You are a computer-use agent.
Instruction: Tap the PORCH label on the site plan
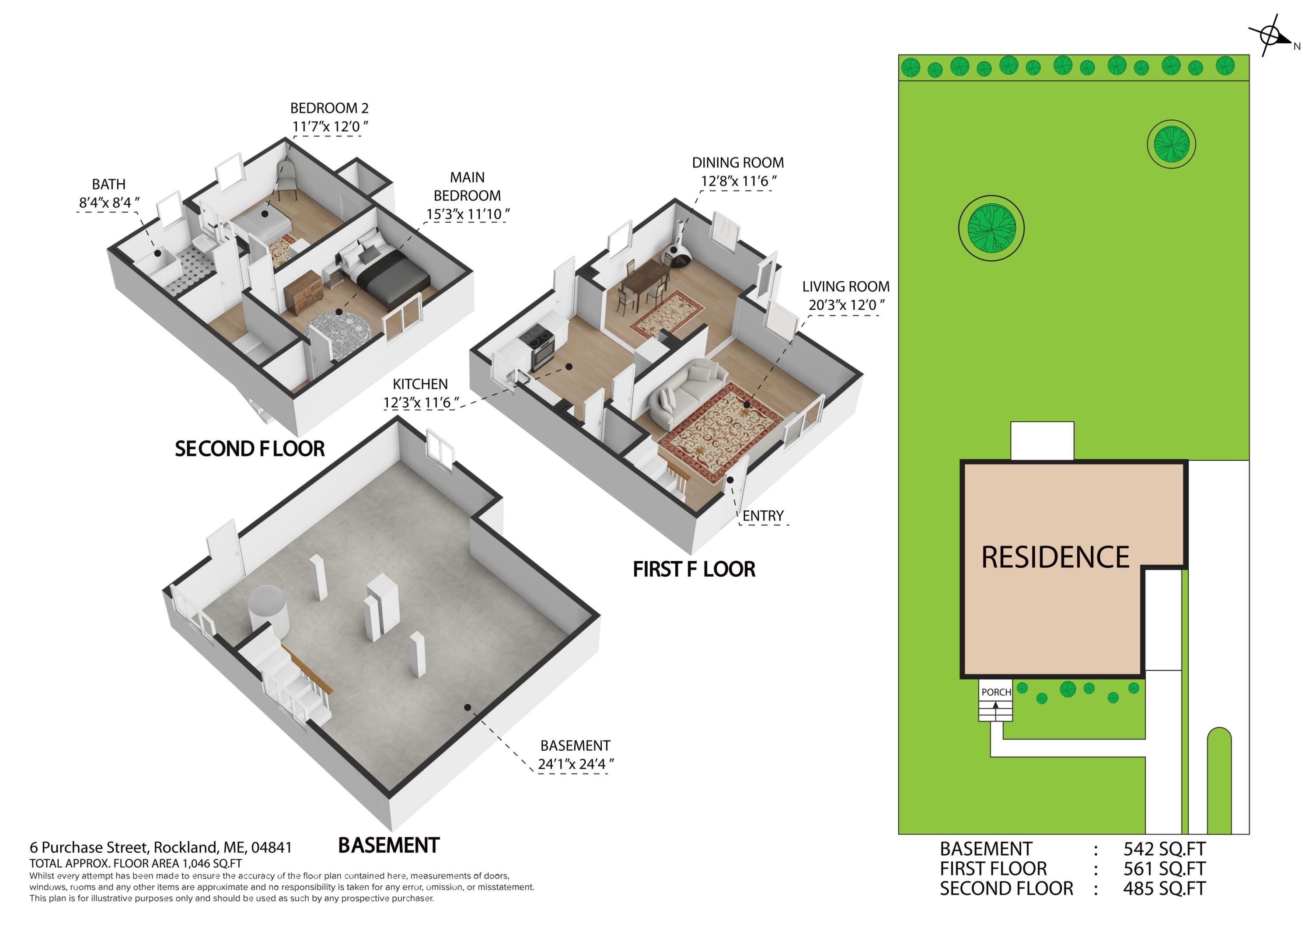(x=996, y=692)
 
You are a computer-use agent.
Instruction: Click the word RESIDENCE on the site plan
(x=1055, y=557)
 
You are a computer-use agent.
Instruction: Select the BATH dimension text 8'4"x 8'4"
(x=108, y=203)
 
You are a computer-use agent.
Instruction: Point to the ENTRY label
(x=763, y=516)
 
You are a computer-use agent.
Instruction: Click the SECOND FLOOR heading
(x=250, y=449)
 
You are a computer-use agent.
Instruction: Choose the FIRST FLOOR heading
(x=694, y=569)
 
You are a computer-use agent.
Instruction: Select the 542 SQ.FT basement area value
(x=1164, y=849)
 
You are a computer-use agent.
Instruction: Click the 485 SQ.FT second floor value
(x=1164, y=889)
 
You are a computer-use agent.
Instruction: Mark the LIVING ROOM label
(x=846, y=287)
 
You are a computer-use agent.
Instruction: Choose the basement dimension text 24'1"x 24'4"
(x=576, y=764)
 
